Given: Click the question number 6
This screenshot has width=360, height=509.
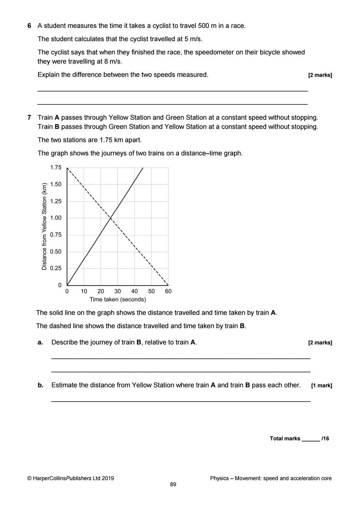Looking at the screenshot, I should pyautogui.click(x=29, y=26).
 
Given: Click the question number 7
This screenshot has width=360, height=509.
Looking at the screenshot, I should pyautogui.click(x=29, y=118).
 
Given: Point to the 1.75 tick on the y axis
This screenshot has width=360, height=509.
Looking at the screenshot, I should pyautogui.click(x=56, y=167).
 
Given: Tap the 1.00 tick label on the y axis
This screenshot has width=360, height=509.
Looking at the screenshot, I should pyautogui.click(x=56, y=218).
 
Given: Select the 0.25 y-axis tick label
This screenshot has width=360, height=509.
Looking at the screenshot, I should pyautogui.click(x=56, y=268).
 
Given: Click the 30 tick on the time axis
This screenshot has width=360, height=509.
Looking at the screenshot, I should pyautogui.click(x=118, y=291).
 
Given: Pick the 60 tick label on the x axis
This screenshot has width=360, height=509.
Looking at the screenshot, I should pyautogui.click(x=168, y=291).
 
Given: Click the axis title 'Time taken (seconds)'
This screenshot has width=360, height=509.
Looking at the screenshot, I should pyautogui.click(x=118, y=300).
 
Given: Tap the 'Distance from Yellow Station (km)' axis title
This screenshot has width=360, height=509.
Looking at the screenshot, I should pyautogui.click(x=44, y=226).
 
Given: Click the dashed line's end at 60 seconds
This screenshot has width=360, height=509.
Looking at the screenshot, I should pyautogui.click(x=168, y=285).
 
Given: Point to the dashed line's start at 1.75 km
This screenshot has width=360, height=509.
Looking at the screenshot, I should pyautogui.click(x=67, y=168).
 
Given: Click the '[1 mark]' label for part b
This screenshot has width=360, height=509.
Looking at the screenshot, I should pyautogui.click(x=321, y=386).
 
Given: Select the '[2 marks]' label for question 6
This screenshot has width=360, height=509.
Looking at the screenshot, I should pyautogui.click(x=320, y=75).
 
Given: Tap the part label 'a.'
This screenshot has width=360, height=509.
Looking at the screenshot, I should pyautogui.click(x=40, y=342).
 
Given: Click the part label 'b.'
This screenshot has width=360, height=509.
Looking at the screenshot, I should pyautogui.click(x=40, y=385).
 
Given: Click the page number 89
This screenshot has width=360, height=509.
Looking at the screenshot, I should pyautogui.click(x=173, y=485).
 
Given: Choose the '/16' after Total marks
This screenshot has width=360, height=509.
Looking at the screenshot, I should pyautogui.click(x=325, y=439).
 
